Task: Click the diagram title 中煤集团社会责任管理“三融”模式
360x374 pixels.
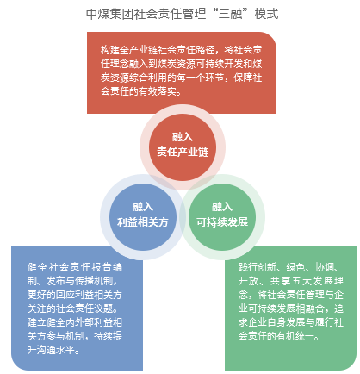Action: click(183, 14)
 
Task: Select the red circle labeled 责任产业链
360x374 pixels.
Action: click(183, 147)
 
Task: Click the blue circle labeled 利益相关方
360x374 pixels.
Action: click(143, 217)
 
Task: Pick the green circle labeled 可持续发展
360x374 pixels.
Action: click(222, 217)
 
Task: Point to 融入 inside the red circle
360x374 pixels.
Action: click(183, 137)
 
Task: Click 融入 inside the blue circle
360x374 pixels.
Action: click(143, 207)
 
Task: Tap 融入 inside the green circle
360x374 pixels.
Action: click(222, 207)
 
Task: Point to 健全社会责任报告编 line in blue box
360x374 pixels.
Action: click(75, 267)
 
